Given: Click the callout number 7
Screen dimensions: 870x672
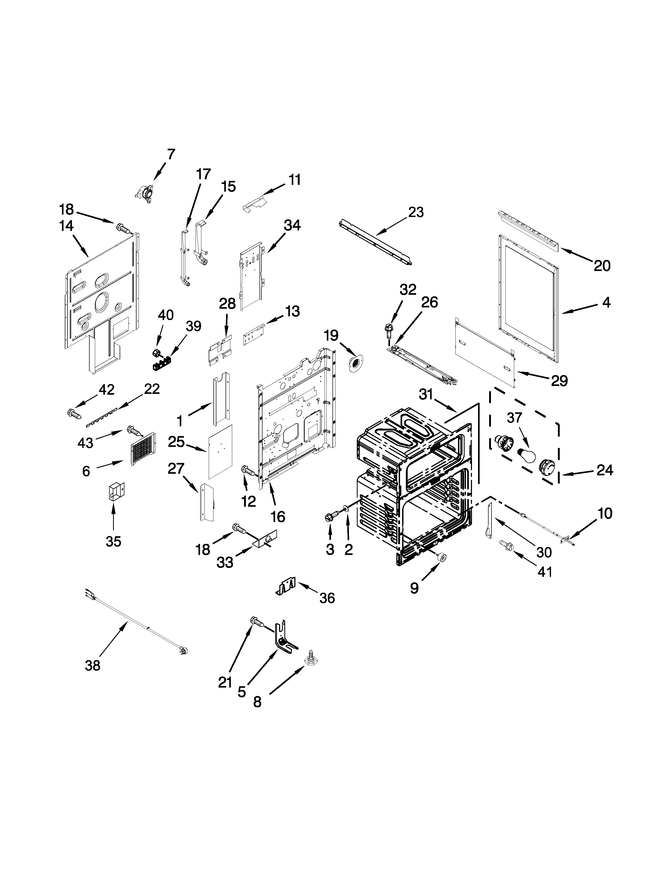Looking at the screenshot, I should click(x=171, y=154).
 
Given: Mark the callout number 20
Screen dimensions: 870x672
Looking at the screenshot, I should click(x=602, y=266).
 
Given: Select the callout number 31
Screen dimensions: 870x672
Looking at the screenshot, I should click(x=426, y=394).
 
